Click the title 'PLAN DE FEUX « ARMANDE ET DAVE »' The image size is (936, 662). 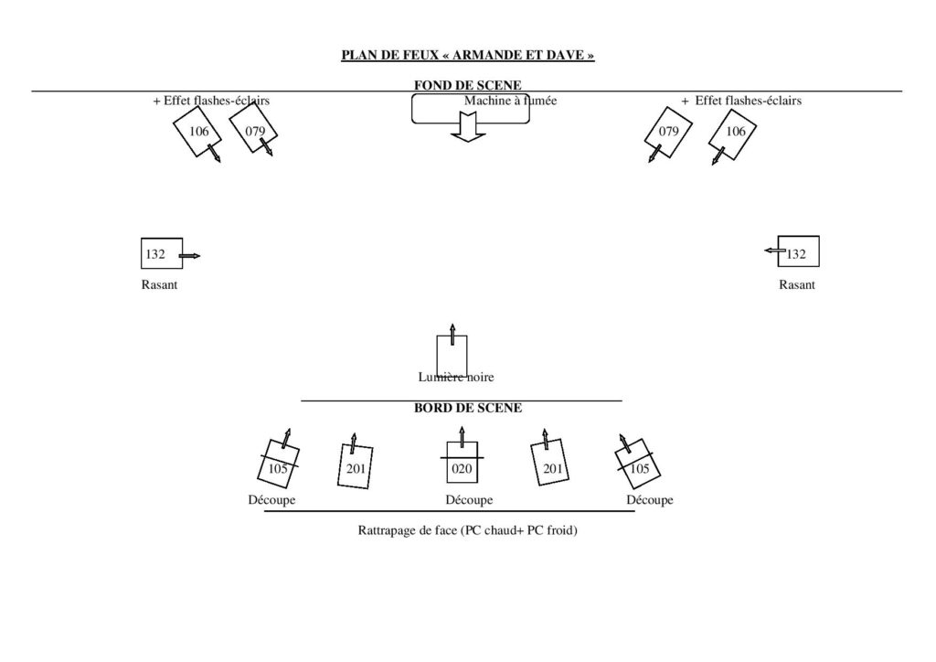[x=468, y=55]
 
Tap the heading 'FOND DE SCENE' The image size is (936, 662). [x=468, y=85]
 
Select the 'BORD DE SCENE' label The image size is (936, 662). [x=468, y=408]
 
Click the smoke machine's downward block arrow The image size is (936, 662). [x=468, y=128]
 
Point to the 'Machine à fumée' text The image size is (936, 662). [x=510, y=101]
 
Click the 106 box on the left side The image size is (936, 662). [x=197, y=132]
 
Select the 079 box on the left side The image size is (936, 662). [x=253, y=129]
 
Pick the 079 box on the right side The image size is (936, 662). [x=668, y=132]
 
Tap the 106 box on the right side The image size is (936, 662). [x=733, y=134]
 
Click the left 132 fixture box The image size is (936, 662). [x=162, y=253]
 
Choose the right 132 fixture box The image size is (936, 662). [x=799, y=251]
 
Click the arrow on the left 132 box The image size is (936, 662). [x=190, y=256]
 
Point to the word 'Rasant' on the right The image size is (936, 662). [x=797, y=284]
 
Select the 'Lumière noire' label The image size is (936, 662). [x=456, y=377]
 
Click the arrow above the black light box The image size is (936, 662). [x=452, y=335]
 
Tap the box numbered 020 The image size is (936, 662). [x=462, y=462]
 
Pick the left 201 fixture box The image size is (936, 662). [x=356, y=466]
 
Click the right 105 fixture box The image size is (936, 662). [x=637, y=465]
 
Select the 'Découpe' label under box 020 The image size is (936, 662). [x=469, y=499]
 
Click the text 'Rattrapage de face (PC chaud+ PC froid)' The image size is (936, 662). [x=467, y=530]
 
